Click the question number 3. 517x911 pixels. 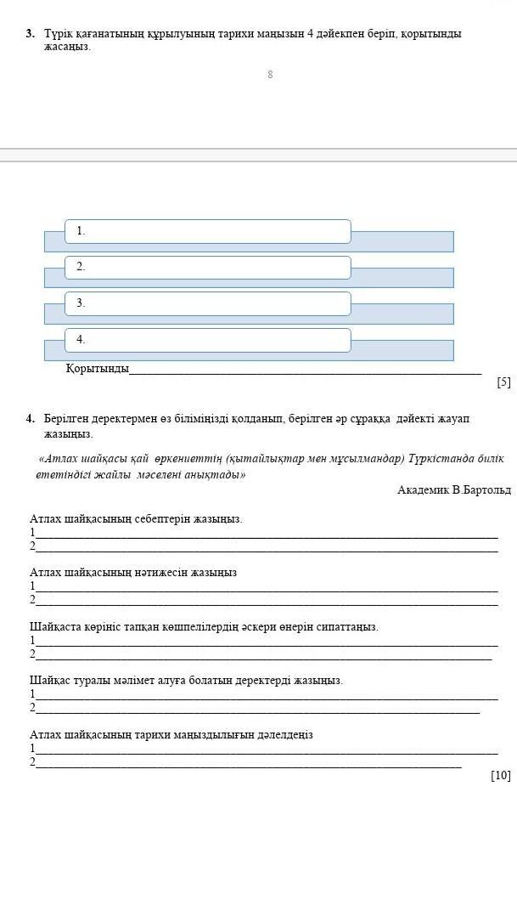[30, 34]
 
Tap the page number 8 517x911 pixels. [270, 75]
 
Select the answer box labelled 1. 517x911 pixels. [207, 231]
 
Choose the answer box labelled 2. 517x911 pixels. [207, 267]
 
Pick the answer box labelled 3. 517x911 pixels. [207, 303]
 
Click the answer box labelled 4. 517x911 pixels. [207, 340]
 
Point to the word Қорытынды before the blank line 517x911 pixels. [97, 368]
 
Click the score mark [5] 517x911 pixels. [503, 382]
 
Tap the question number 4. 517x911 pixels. [30, 419]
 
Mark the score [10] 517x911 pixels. [501, 775]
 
